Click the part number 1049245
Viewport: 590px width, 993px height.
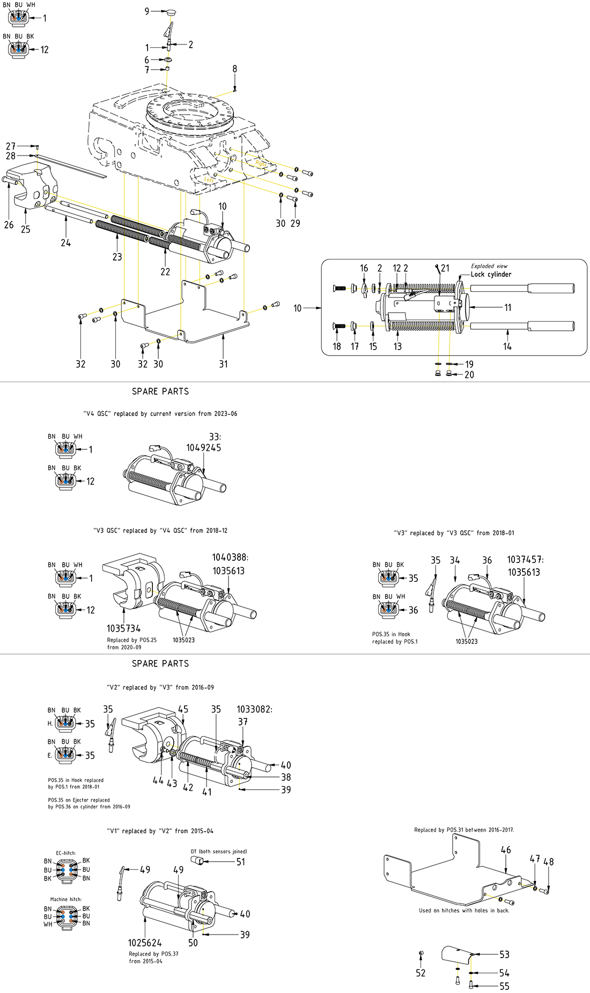click(x=203, y=448)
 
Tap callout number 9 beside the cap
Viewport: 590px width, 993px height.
click(x=147, y=11)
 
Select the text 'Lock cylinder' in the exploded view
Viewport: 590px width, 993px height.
click(x=491, y=275)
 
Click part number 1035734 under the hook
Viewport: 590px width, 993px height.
click(x=123, y=628)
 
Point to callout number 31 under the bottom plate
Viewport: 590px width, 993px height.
click(x=223, y=364)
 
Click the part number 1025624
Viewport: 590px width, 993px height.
click(x=145, y=943)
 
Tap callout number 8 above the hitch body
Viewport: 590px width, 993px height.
click(x=234, y=69)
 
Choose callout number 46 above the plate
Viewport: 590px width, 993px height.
click(x=506, y=850)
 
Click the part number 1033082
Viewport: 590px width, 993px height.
click(x=254, y=709)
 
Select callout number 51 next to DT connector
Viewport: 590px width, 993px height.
click(x=241, y=862)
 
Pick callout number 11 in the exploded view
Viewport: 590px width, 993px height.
click(x=507, y=308)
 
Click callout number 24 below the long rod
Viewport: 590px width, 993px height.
click(x=65, y=243)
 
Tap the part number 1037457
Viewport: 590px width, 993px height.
click(x=525, y=560)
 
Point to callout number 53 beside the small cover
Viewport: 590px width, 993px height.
click(x=504, y=954)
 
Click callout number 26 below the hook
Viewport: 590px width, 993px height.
click(x=9, y=225)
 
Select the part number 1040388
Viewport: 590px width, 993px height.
click(x=230, y=558)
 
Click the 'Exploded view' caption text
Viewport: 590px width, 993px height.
click(x=489, y=266)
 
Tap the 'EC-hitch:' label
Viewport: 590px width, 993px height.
click(x=66, y=853)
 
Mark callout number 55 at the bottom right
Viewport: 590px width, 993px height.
click(x=504, y=986)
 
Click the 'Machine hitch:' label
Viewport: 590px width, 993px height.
click(x=66, y=899)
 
